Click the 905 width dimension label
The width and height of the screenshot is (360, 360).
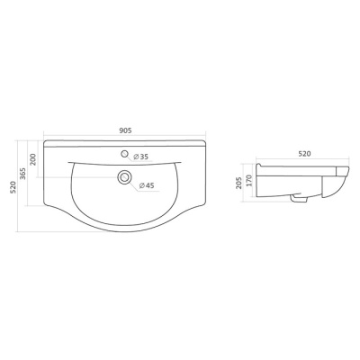[x=125, y=130]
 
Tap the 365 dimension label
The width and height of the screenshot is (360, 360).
[x=23, y=174]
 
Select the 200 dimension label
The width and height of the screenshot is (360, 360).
[x=33, y=159]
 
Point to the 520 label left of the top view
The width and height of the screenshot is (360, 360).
[x=13, y=187]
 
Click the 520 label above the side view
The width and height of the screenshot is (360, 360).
[x=304, y=154]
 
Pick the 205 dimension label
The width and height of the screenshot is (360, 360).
[x=238, y=183]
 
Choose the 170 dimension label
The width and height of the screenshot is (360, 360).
[x=250, y=181]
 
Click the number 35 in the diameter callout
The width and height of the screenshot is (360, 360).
[x=144, y=157]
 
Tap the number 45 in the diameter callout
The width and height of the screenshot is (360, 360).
[x=149, y=185]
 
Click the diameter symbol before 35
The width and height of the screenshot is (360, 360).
[x=136, y=157]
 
